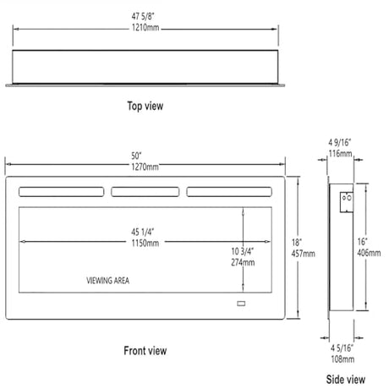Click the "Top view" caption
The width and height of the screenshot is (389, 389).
pyautogui.click(x=145, y=106)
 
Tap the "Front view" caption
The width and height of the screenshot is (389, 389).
pyautogui.click(x=145, y=351)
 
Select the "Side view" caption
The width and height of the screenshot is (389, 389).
pyautogui.click(x=346, y=380)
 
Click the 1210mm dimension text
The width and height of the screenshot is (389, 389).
pyautogui.click(x=145, y=28)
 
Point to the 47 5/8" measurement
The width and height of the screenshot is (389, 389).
pyautogui.click(x=143, y=16)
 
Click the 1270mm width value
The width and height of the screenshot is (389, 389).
pyautogui.click(x=145, y=167)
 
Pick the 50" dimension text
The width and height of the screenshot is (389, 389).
pyautogui.click(x=136, y=156)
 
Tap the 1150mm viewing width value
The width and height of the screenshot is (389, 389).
pyautogui.click(x=145, y=243)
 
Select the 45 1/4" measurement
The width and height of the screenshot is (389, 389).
pyautogui.click(x=143, y=232)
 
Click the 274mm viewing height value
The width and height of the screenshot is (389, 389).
pyautogui.click(x=243, y=262)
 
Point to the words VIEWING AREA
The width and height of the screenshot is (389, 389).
pyautogui.click(x=108, y=281)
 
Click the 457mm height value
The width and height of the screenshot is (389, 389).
pyautogui.click(x=304, y=254)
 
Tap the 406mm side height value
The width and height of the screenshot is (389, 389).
pyautogui.click(x=369, y=253)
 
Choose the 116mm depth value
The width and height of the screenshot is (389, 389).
pyautogui.click(x=341, y=154)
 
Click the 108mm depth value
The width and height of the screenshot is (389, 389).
pyautogui.click(x=342, y=359)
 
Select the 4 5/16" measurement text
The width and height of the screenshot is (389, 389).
pyautogui.click(x=342, y=348)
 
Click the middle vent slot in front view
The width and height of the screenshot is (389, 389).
pyautogui.click(x=145, y=192)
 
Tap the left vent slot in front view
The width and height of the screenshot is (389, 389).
pyautogui.click(x=62, y=192)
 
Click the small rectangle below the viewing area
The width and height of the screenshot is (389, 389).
pyautogui.click(x=241, y=304)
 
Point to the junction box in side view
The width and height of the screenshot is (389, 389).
pyautogui.click(x=347, y=202)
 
